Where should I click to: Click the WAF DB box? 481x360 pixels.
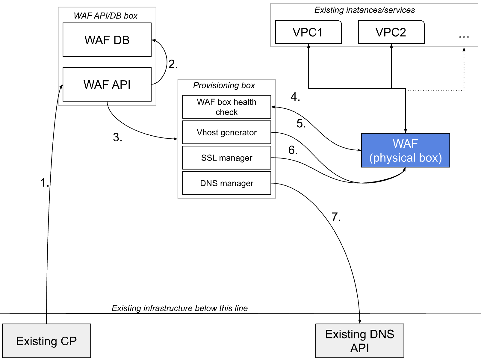[x=107, y=40]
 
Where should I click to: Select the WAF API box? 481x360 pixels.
[x=107, y=84]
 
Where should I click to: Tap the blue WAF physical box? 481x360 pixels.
[x=405, y=150]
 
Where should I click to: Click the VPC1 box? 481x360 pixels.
[x=308, y=32]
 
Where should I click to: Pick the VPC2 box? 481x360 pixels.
[x=391, y=32]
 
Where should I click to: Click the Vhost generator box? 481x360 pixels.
[x=226, y=132]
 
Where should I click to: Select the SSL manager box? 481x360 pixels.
[x=226, y=158]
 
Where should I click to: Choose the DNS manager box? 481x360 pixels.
[x=226, y=183]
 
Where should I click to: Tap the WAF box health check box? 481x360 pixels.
[x=226, y=107]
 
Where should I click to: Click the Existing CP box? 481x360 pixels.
[x=46, y=341]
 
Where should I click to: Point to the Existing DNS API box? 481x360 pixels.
[x=360, y=341]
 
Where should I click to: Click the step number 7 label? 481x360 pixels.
[x=336, y=217]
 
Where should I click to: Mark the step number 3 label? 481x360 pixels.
[x=117, y=137]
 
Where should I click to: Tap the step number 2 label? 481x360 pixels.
[x=173, y=64]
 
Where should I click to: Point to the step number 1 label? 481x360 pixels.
[x=44, y=182]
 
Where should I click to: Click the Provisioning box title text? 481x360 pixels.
[x=224, y=85]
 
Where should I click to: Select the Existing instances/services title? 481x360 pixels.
[x=364, y=10]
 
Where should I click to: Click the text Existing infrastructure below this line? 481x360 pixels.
[x=179, y=308]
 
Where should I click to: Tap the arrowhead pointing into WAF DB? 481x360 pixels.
[x=154, y=40]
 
